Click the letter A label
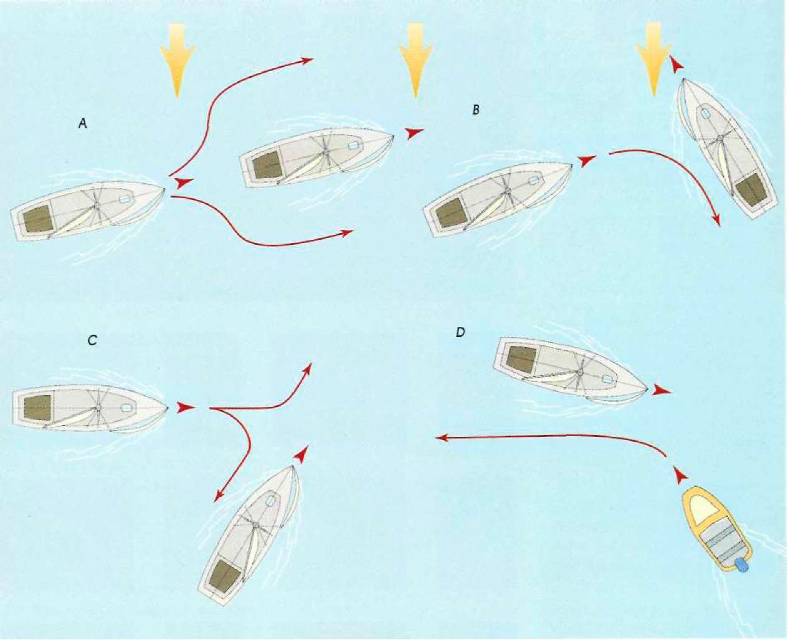[x=82, y=124]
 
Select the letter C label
[x=92, y=340]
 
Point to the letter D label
[x=460, y=332]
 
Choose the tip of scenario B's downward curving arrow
[x=718, y=225]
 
